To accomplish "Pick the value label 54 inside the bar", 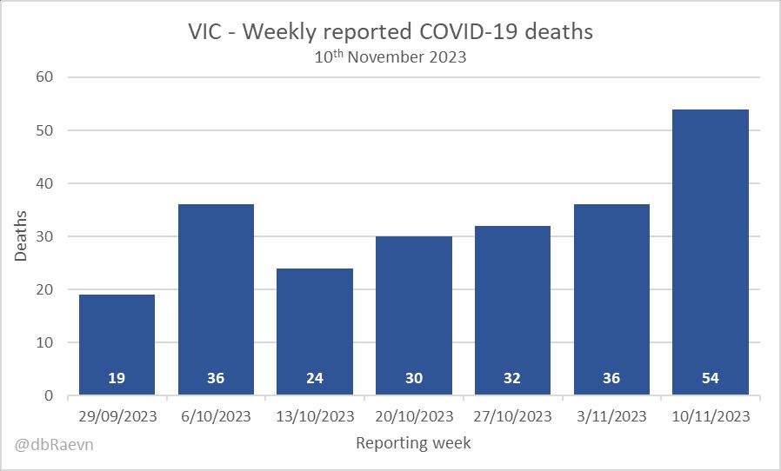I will click(711, 379).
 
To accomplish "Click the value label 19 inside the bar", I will click(117, 379).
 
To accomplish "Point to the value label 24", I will click(315, 379).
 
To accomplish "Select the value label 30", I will click(414, 379).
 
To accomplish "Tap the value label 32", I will click(513, 379).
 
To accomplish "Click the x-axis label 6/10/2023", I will click(216, 416).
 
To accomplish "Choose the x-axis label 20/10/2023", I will click(414, 416).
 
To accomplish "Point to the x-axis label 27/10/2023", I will click(513, 416).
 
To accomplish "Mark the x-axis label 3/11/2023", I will click(611, 416).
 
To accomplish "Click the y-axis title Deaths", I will click(21, 235).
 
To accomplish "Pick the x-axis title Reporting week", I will click(414, 443).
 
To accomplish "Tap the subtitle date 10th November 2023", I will click(390, 59).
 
